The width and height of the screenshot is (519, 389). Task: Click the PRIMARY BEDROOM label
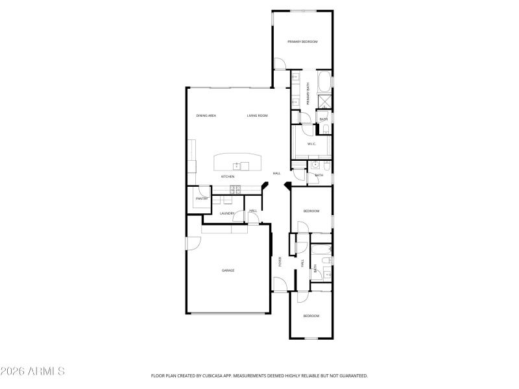click(302, 41)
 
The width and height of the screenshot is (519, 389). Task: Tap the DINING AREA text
click(206, 115)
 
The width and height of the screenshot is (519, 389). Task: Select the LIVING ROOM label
click(258, 115)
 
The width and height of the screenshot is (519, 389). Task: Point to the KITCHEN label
click(228, 176)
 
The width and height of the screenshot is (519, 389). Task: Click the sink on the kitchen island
click(242, 166)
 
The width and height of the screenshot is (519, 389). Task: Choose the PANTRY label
click(201, 198)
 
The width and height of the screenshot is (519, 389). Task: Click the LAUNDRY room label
click(226, 213)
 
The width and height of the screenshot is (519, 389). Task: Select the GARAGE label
click(228, 270)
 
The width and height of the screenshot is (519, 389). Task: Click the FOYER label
click(280, 262)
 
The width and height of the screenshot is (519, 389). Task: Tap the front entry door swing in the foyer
click(280, 285)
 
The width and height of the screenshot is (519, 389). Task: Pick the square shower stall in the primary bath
click(324, 101)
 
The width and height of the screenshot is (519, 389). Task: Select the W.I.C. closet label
click(311, 144)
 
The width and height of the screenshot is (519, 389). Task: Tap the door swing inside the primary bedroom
click(281, 64)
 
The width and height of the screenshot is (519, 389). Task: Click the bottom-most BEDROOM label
click(311, 316)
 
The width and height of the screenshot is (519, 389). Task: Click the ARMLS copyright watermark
click(32, 371)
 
